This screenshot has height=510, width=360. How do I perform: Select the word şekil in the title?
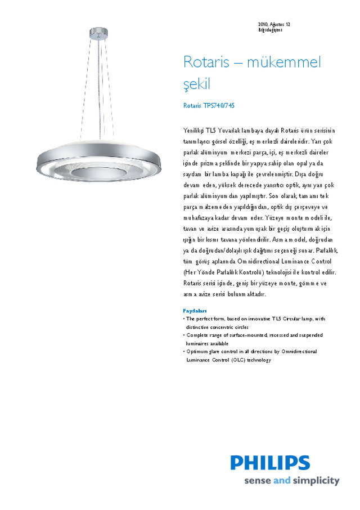pyautogui.click(x=196, y=85)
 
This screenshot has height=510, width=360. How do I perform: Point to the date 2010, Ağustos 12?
pyautogui.click(x=274, y=25)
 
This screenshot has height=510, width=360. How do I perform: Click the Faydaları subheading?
pyautogui.click(x=195, y=311)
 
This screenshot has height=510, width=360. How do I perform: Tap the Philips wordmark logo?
pyautogui.click(x=270, y=463)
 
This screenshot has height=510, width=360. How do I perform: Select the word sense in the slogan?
pyautogui.click(x=256, y=481)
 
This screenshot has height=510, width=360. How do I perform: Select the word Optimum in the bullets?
pyautogui.click(x=197, y=351)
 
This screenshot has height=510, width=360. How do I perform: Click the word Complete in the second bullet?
pyautogui.click(x=198, y=335)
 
